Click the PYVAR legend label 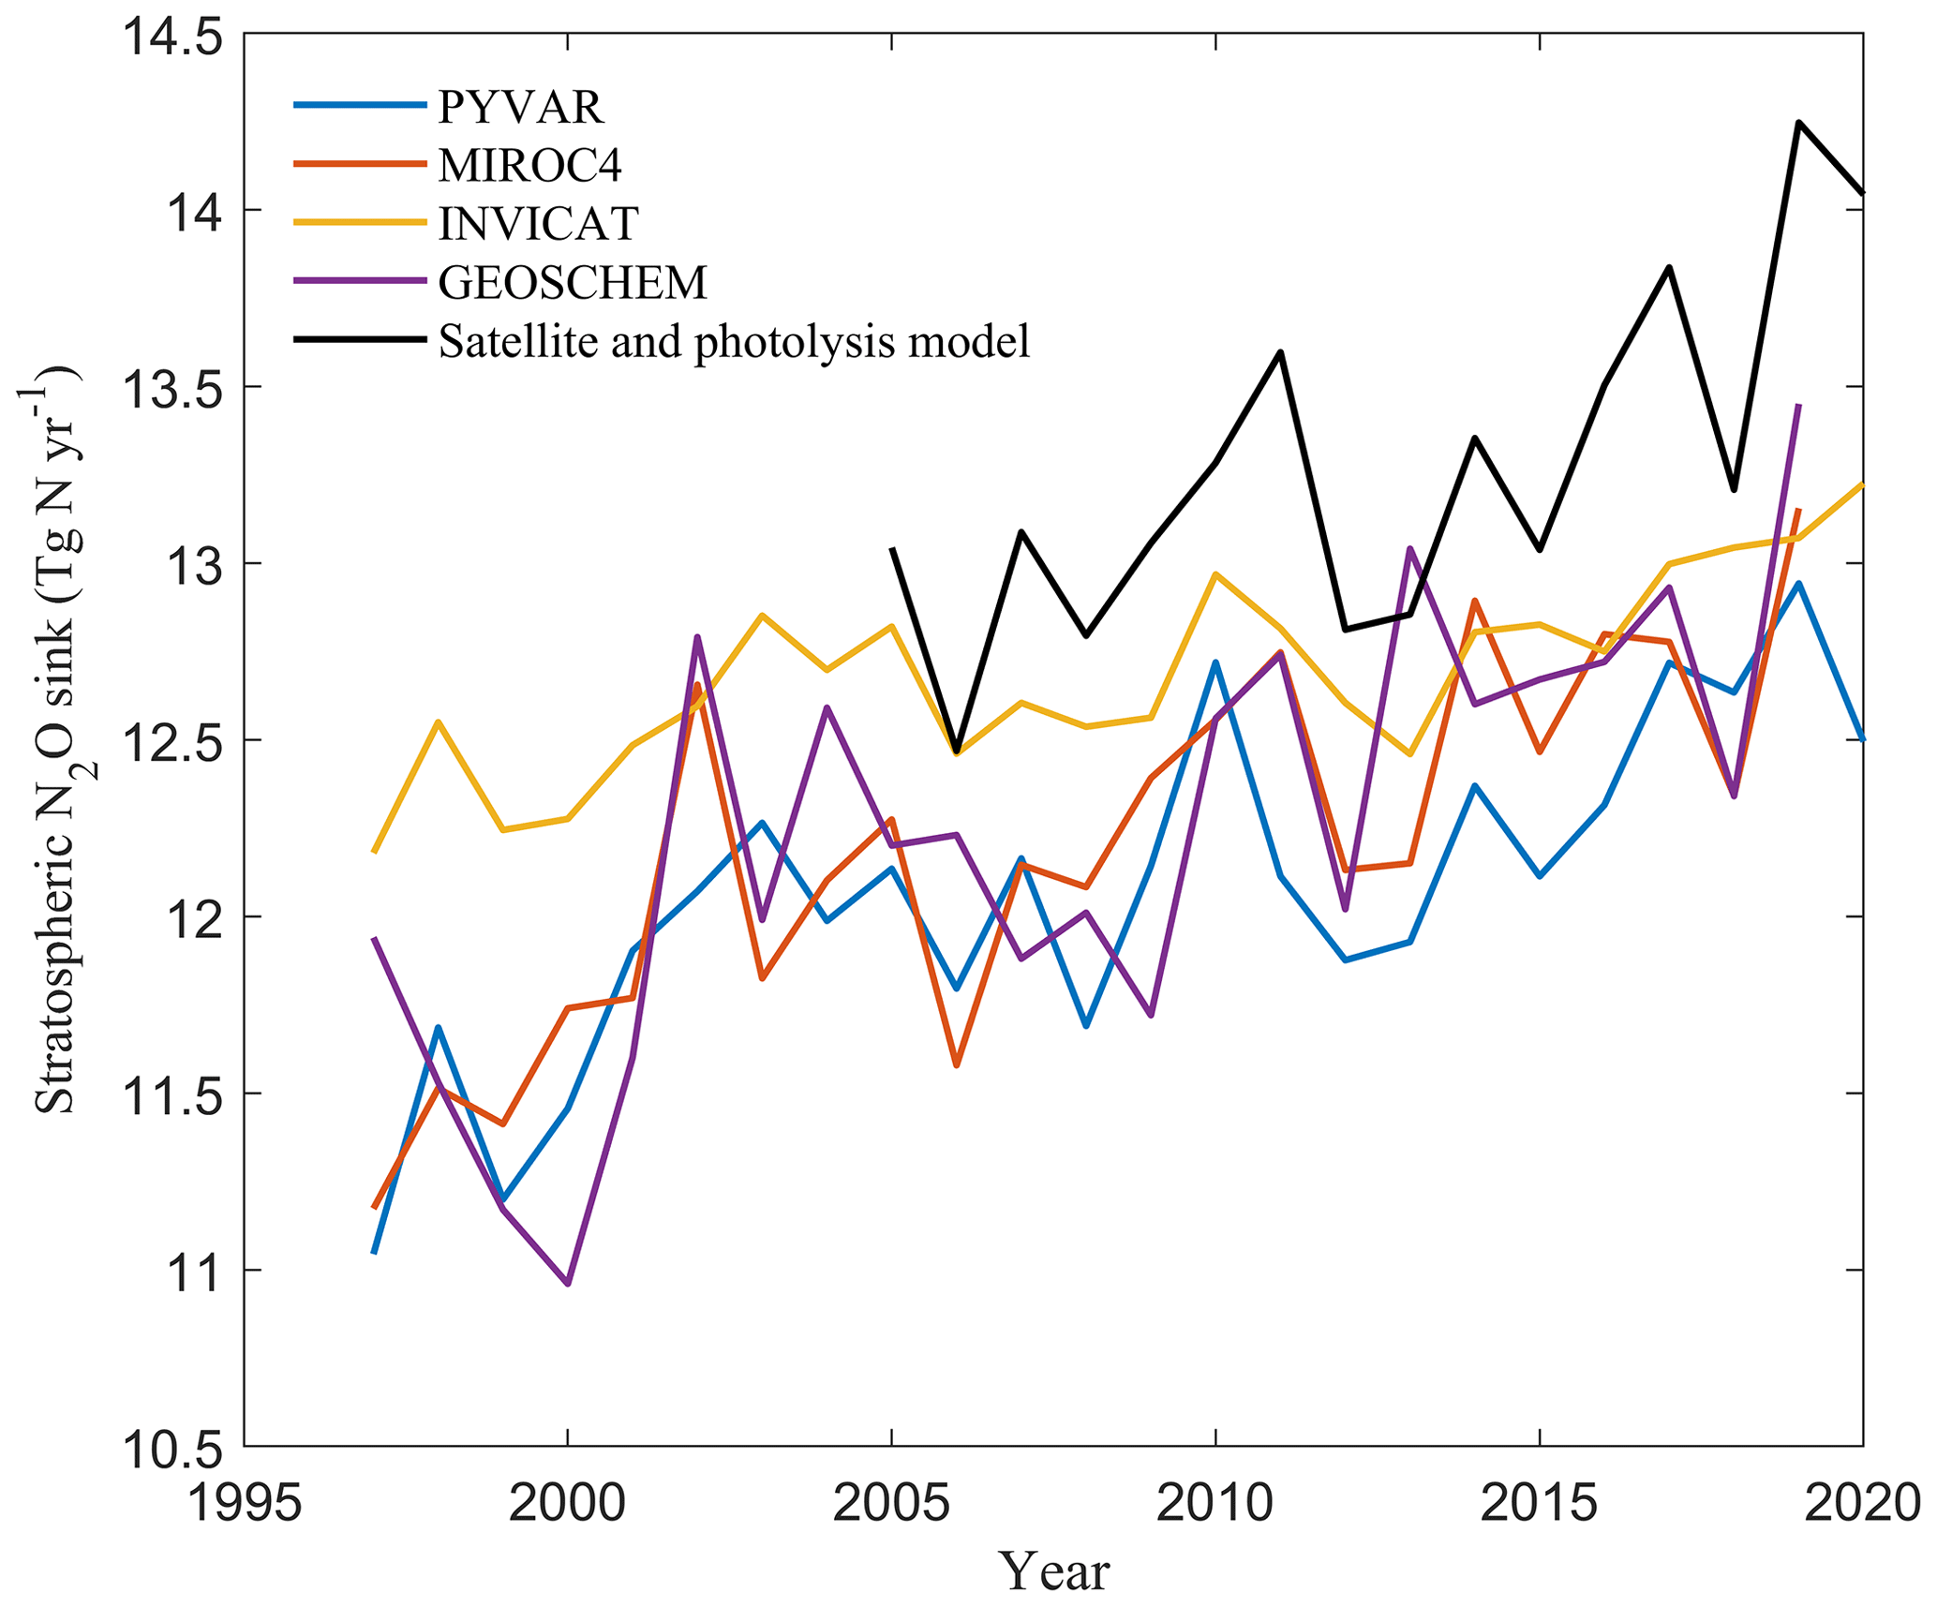(520, 108)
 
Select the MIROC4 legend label (529, 166)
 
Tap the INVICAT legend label (538, 224)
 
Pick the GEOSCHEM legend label (572, 282)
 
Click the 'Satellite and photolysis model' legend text (734, 341)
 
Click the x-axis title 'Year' (1053, 1571)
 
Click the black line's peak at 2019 (1798, 123)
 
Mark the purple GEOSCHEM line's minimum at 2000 (568, 1283)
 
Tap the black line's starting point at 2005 (891, 548)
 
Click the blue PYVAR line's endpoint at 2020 (1862, 739)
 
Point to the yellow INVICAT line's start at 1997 (374, 853)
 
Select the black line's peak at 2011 (1280, 352)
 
